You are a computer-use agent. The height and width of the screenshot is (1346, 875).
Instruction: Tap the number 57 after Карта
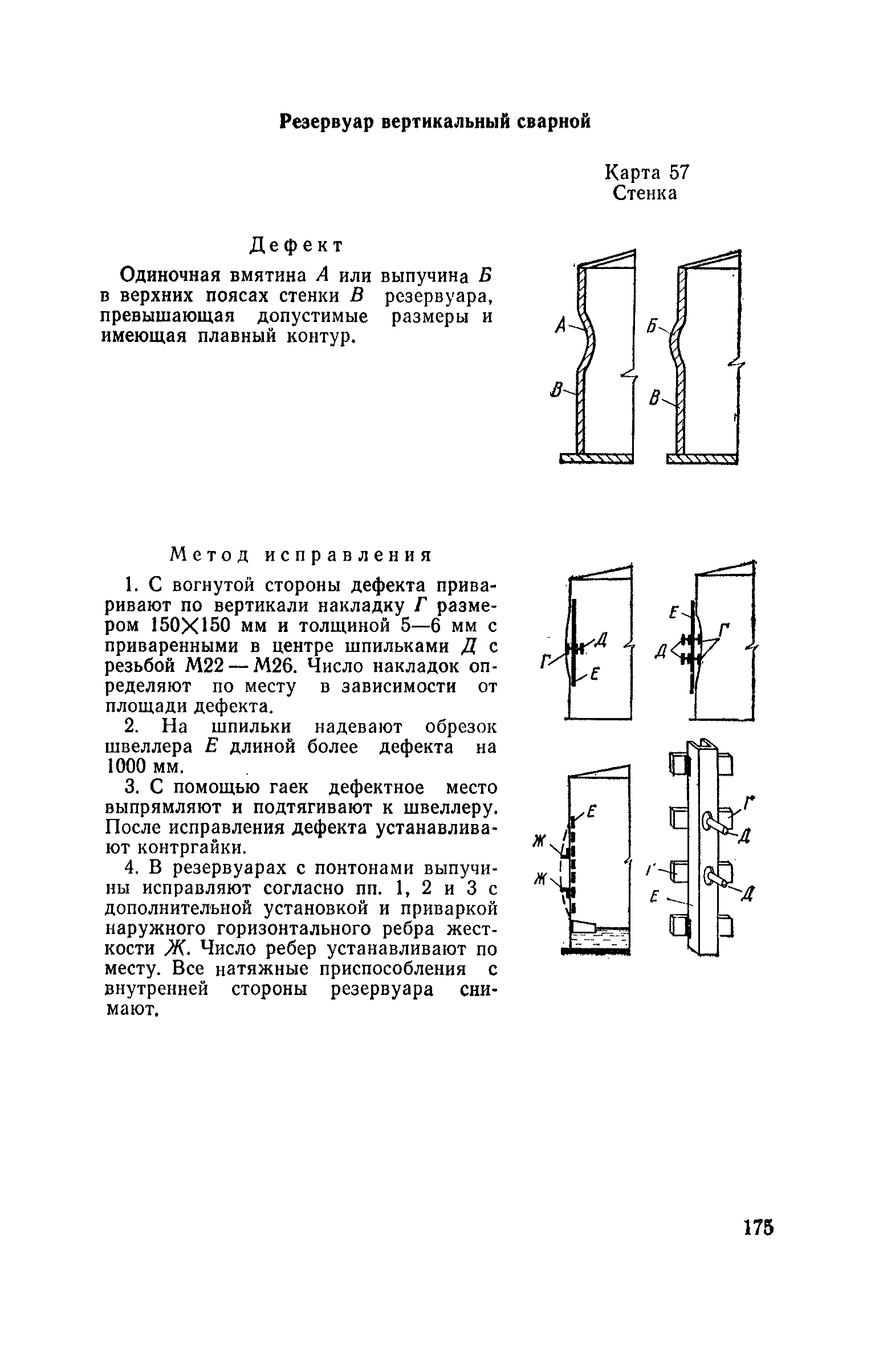click(679, 173)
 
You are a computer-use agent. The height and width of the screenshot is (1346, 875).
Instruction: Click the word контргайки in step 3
click(191, 847)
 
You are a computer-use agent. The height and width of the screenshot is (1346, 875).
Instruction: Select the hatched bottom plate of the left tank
click(596, 458)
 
